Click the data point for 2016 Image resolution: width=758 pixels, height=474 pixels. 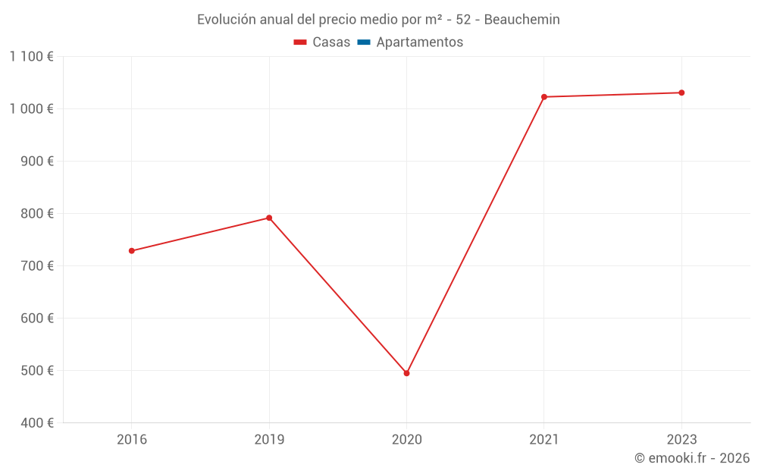click(x=132, y=251)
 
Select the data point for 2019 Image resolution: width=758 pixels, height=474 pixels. click(x=269, y=218)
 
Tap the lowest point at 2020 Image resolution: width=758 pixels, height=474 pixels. click(x=407, y=373)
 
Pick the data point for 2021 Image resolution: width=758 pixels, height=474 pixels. click(x=544, y=97)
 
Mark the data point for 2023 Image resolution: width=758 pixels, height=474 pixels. click(x=681, y=93)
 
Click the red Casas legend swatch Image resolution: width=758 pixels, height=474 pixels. click(x=300, y=42)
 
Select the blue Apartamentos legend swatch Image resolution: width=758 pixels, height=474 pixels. click(x=363, y=42)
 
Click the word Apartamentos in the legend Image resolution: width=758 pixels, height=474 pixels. click(x=419, y=42)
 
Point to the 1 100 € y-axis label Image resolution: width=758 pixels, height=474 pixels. click(x=31, y=56)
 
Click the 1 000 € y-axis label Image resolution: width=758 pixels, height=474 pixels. click(x=31, y=108)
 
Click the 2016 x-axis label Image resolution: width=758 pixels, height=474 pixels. click(x=132, y=440)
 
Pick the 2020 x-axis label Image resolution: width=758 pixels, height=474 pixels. click(x=407, y=440)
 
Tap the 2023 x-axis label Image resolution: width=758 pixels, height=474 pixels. click(x=681, y=440)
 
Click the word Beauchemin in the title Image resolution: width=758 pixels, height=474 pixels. click(x=522, y=20)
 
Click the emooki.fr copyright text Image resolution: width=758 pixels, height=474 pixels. click(x=692, y=458)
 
